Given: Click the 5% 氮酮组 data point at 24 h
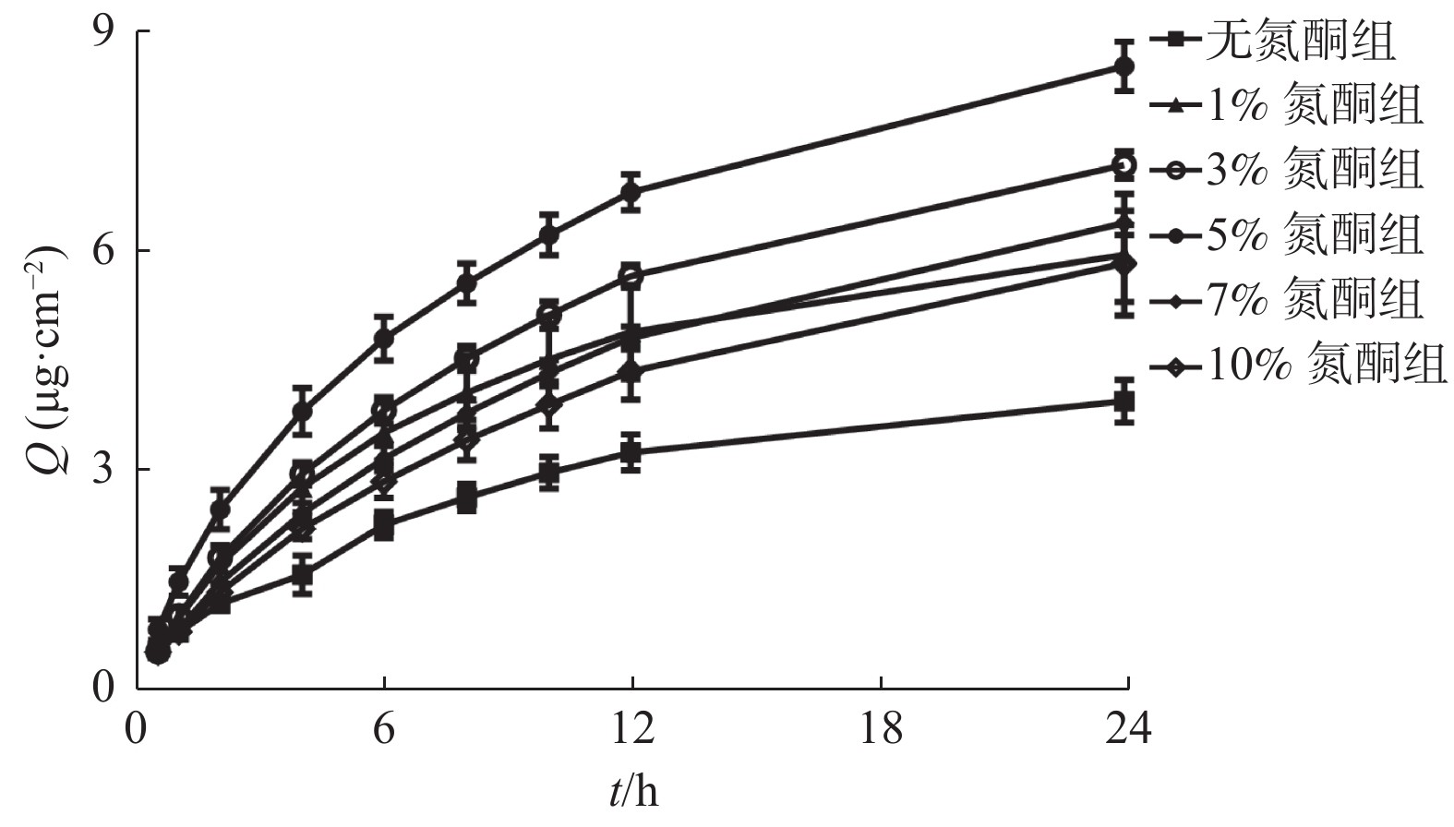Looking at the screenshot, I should click(x=1124, y=66).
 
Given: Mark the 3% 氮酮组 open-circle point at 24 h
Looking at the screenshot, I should click(x=1124, y=165).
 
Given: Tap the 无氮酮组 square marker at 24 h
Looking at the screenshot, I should click(x=1124, y=402).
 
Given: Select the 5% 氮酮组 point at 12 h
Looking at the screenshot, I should click(x=631, y=193).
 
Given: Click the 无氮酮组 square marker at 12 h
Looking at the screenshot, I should click(x=631, y=452).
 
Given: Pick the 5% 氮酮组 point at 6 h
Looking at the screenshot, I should click(x=383, y=338).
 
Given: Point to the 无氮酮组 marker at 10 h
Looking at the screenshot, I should click(x=549, y=473).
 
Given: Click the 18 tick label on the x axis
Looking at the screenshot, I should click(x=881, y=729).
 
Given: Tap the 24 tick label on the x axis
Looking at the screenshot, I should click(x=1128, y=729).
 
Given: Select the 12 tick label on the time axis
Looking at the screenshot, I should click(x=632, y=729).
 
